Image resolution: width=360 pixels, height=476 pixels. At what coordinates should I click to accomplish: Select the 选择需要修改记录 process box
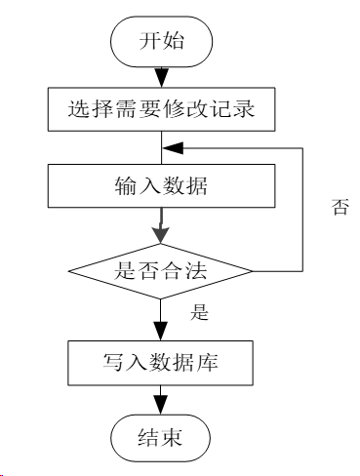click(x=161, y=109)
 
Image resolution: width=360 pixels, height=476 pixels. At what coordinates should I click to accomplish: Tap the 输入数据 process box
click(x=161, y=186)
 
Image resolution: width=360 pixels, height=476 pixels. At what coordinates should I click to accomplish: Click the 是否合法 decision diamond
click(x=161, y=270)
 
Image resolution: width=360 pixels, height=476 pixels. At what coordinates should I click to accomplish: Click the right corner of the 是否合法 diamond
click(x=253, y=270)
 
